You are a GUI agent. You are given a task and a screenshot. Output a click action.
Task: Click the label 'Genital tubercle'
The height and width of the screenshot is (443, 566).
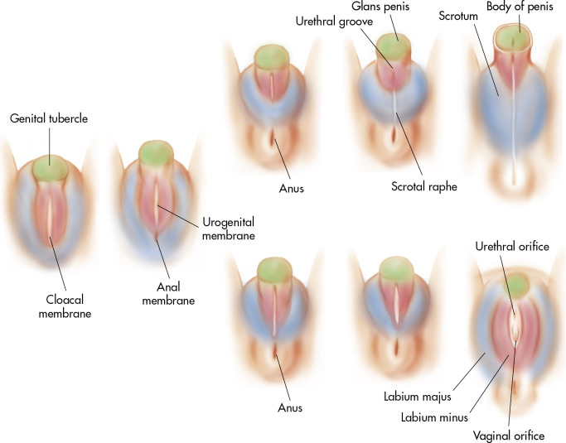[x=49, y=118]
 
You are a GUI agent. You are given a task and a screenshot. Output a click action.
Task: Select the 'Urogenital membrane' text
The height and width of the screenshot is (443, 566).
[x=228, y=229]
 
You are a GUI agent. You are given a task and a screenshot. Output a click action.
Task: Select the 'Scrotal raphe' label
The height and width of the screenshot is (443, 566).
[x=423, y=186]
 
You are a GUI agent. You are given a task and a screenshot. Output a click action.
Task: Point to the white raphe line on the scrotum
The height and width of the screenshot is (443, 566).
[x=512, y=124]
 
